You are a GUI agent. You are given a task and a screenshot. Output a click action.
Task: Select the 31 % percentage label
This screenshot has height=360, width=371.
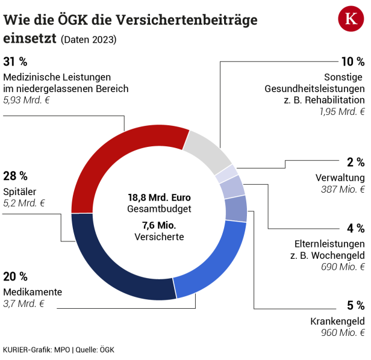click(x=15, y=61)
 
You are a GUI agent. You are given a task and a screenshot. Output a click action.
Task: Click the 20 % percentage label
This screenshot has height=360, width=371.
click(x=16, y=276)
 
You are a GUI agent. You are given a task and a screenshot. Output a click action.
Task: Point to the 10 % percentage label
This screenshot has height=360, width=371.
click(x=353, y=61)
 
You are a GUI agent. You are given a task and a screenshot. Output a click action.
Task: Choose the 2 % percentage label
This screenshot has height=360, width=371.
click(x=355, y=162)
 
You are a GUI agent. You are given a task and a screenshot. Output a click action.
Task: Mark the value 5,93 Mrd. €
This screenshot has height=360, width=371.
click(x=26, y=101)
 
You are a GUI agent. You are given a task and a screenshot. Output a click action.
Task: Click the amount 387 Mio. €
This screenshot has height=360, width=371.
click(x=344, y=190)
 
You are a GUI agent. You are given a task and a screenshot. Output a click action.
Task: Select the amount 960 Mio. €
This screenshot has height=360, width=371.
click(x=344, y=332)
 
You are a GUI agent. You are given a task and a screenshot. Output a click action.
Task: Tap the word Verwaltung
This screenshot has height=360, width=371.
click(x=340, y=178)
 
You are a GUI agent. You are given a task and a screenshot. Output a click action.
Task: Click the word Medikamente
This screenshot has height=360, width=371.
click(x=33, y=292)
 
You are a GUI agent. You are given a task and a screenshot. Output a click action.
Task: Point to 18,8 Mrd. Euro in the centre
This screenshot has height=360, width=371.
click(x=159, y=197)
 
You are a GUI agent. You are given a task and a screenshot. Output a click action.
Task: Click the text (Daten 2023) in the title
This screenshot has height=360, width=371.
click(x=89, y=40)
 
